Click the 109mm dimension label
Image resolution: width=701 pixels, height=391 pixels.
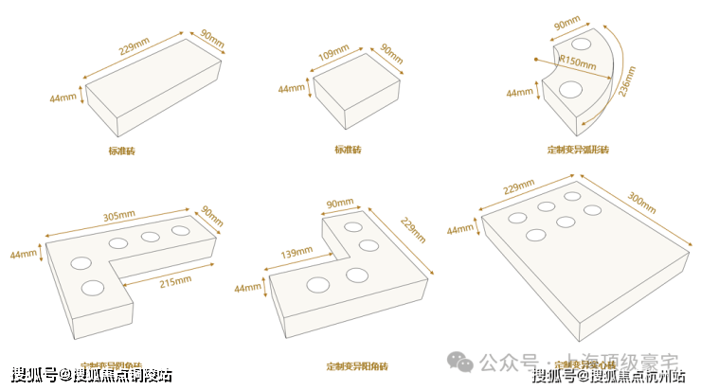(331, 55)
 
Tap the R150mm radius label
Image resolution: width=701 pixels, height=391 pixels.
(578, 64)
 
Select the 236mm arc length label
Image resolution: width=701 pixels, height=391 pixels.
(626, 87)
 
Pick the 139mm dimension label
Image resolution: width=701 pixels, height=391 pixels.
(297, 253)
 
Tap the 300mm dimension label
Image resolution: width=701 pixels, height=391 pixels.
(642, 203)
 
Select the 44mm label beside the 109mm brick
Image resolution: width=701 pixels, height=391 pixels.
(292, 89)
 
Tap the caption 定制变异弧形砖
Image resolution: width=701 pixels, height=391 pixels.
(578, 151)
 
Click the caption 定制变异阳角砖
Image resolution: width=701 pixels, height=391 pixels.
(357, 365)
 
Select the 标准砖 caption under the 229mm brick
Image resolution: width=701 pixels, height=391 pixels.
(121, 151)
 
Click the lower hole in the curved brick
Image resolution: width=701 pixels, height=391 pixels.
(571, 90)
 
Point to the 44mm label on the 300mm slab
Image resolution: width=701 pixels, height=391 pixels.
(460, 229)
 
